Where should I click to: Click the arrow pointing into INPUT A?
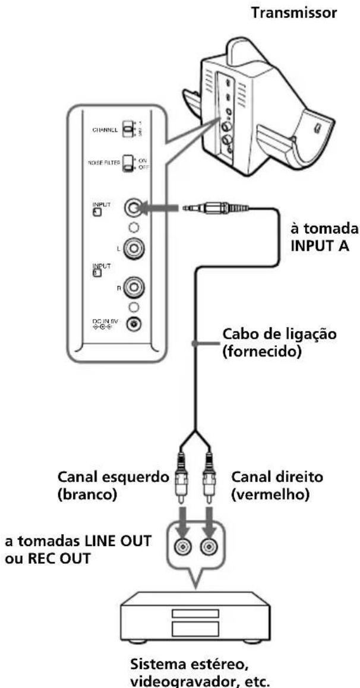(161, 209)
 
